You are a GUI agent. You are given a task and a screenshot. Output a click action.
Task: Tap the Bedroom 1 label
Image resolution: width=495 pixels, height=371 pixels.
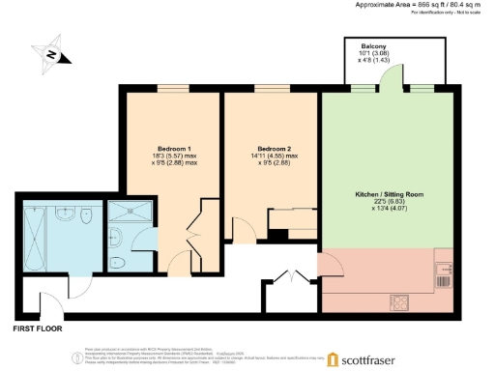(174, 148)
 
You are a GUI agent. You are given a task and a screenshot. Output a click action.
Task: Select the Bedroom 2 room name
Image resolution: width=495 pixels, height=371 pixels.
(272, 148)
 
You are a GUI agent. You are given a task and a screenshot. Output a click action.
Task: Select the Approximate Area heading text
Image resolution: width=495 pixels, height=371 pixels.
(400, 5)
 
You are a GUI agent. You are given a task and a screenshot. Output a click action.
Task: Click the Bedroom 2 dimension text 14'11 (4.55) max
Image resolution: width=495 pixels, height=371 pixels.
(272, 157)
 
